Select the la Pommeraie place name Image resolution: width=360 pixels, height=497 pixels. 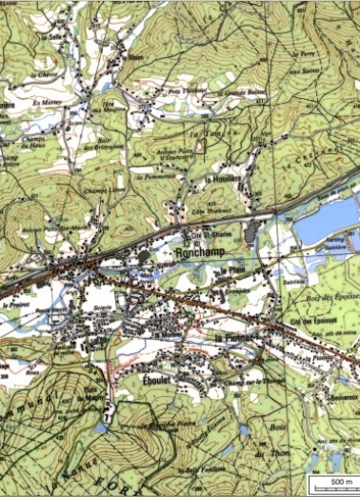tap(153, 176)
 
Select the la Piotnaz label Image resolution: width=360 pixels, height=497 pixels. tap(233, 339)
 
